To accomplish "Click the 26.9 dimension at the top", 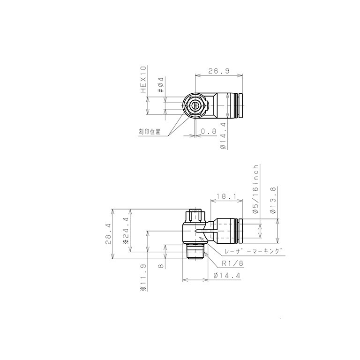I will (x=218, y=71).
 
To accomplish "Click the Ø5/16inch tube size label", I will (x=255, y=189).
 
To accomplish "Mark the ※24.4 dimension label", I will (x=125, y=230).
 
